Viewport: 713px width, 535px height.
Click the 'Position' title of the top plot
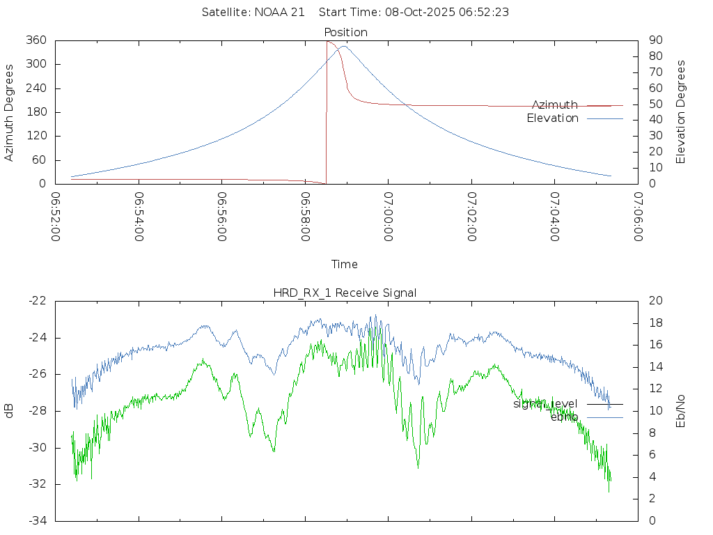pyautogui.click(x=345, y=32)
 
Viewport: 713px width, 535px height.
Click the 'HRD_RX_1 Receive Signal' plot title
pyautogui.click(x=345, y=293)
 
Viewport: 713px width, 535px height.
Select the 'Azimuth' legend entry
pyautogui.click(x=555, y=104)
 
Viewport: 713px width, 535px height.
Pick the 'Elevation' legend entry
pyautogui.click(x=552, y=118)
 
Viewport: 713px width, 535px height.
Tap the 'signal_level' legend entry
pyautogui.click(x=545, y=403)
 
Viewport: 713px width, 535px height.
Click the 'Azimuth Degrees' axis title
pyautogui.click(x=10, y=112)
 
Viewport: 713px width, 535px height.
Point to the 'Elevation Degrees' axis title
pyautogui.click(x=681, y=111)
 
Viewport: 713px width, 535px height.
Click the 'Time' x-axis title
pyautogui.click(x=345, y=264)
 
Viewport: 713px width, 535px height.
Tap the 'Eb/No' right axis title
pyautogui.click(x=681, y=410)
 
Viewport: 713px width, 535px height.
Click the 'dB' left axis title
pyautogui.click(x=10, y=410)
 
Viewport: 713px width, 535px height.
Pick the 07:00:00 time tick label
pyautogui.click(x=388, y=217)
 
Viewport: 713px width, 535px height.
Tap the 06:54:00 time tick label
pyautogui.click(x=139, y=217)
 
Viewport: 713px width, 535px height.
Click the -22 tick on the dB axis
pyautogui.click(x=38, y=301)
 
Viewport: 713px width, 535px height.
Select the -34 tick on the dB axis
pyautogui.click(x=38, y=520)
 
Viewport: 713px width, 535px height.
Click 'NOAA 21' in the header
pyautogui.click(x=282, y=13)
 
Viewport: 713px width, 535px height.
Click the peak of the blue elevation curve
pyautogui.click(x=343, y=46)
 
